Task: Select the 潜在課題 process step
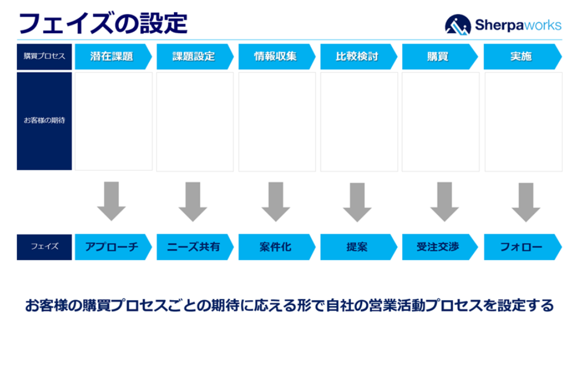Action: tap(112, 56)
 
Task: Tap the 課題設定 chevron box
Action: tap(194, 56)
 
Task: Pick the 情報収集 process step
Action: tap(276, 56)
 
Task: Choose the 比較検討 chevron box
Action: tap(357, 56)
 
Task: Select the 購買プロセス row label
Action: tap(44, 56)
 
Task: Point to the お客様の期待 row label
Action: tap(44, 121)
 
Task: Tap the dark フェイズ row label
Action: tap(44, 247)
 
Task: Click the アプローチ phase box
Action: tap(112, 247)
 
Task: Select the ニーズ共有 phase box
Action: tap(194, 247)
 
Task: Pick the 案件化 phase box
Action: tap(276, 247)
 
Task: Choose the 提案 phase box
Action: tap(357, 247)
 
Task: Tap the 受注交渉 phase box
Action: tap(439, 247)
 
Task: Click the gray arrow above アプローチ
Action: tap(111, 201)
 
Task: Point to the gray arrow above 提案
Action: tap(357, 202)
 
